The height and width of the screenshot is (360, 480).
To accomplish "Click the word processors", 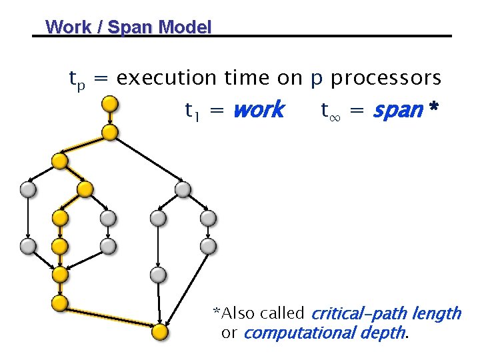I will [x=386, y=79].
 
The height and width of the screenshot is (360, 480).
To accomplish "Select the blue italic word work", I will [x=258, y=109].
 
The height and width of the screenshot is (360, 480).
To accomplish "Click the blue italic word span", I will [x=397, y=109].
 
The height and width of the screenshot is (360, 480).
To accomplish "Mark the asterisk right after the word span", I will [x=434, y=107].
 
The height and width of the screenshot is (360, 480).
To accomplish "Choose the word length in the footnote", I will [x=437, y=313].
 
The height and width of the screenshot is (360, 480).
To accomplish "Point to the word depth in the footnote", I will [x=385, y=333].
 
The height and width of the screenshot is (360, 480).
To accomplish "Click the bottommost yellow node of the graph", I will [x=159, y=331].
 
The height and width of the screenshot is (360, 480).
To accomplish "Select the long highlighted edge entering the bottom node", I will [x=110, y=317].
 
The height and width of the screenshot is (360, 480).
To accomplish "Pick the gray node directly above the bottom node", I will [x=157, y=274].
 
